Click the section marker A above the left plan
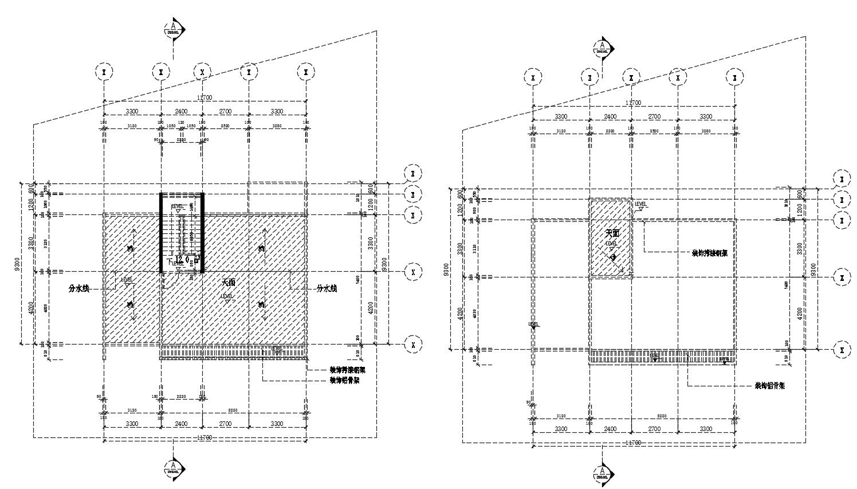173,29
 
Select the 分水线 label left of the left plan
79,289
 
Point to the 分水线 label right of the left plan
327,289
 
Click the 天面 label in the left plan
228,283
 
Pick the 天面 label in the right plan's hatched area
612,233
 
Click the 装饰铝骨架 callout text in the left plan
344,380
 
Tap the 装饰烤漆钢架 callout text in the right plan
710,253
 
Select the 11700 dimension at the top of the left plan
205,98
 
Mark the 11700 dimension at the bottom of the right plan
633,443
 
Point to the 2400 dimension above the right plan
610,116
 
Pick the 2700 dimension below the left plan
225,424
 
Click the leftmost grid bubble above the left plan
104,72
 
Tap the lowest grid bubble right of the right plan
841,349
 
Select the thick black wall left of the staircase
161,232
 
